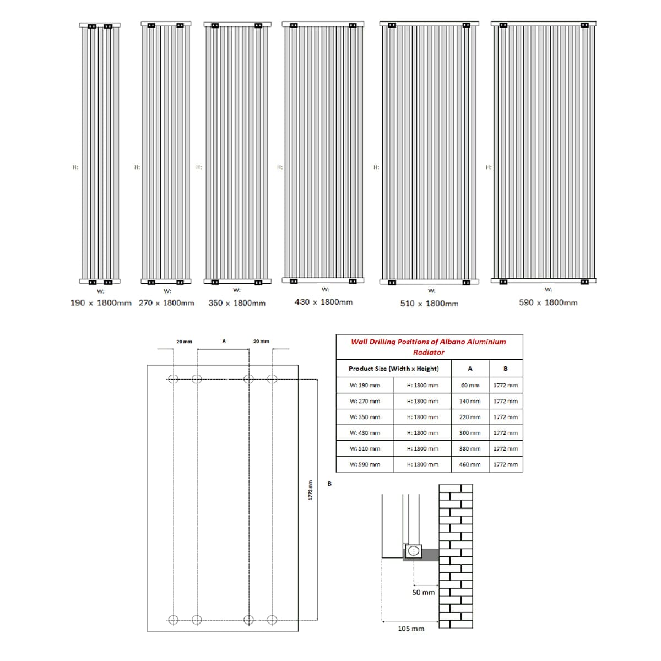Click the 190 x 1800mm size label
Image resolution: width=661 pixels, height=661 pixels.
tap(101, 303)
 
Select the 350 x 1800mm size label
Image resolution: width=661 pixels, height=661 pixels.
tap(237, 303)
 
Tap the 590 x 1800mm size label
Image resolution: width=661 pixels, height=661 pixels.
tap(548, 302)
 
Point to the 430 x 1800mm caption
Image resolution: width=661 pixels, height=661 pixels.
tap(323, 302)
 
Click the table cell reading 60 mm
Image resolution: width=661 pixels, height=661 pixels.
tap(470, 386)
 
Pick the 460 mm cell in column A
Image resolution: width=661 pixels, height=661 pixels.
tap(470, 464)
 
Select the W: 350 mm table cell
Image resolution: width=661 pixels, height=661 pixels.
tap(365, 417)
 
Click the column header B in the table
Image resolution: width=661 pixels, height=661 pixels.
tap(505, 369)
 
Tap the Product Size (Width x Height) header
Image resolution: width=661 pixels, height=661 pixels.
tap(393, 369)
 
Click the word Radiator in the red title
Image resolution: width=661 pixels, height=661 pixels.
tap(429, 352)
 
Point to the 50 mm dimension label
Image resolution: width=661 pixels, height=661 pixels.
tap(423, 592)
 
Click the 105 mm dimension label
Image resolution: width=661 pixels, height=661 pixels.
tap(411, 629)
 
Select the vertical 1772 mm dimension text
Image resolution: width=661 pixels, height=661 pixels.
tap(310, 490)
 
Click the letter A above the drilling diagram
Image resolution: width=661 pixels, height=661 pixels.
tap(224, 341)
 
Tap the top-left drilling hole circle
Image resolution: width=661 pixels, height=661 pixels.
tap(173, 379)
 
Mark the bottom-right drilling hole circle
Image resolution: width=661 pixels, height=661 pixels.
tap(272, 620)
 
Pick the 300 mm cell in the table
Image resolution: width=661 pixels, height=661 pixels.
tap(470, 433)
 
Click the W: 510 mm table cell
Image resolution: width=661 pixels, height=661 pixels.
tap(365, 448)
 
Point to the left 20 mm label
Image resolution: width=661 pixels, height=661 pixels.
tap(184, 342)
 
